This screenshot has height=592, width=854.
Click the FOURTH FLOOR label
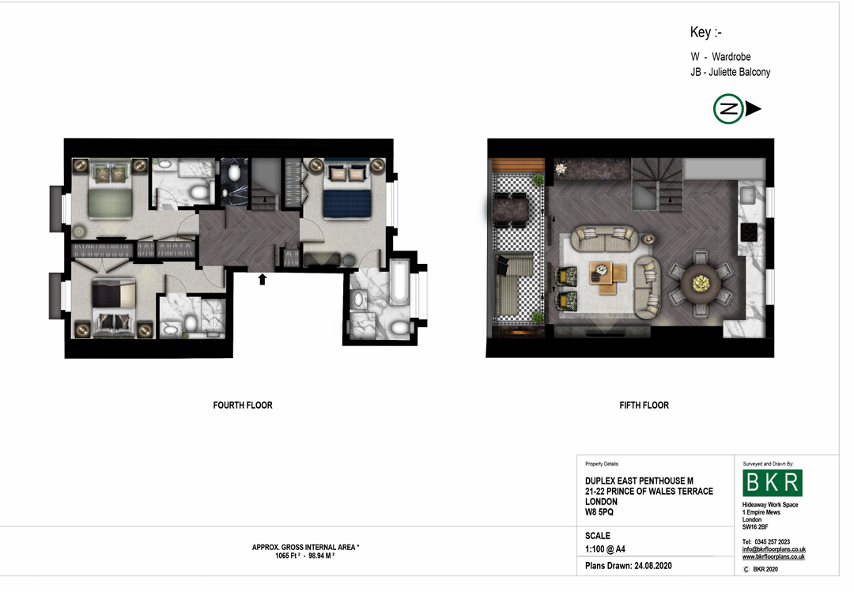(243, 405)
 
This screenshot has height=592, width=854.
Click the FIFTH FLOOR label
(644, 405)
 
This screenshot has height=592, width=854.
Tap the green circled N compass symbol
(728, 109)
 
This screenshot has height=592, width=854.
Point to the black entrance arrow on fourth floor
(262, 279)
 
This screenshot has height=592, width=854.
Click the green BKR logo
(773, 483)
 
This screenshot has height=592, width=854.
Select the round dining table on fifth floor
(701, 283)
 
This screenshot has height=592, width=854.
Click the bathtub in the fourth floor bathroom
(399, 282)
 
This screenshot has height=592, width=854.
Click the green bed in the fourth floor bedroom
(111, 190)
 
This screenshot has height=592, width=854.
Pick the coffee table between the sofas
(608, 277)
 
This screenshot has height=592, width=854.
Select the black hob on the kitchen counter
(748, 232)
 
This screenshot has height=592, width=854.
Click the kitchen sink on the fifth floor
(747, 194)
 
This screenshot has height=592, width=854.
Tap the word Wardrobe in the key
(731, 57)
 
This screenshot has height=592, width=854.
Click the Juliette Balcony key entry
(731, 72)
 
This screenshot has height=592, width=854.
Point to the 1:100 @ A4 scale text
(605, 549)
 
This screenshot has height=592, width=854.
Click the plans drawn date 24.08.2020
(653, 566)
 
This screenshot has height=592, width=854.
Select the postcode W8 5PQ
(599, 512)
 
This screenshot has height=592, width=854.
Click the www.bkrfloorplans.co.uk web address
(773, 556)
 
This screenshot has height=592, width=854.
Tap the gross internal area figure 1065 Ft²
(288, 556)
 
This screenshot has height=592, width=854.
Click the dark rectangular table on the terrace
(511, 209)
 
